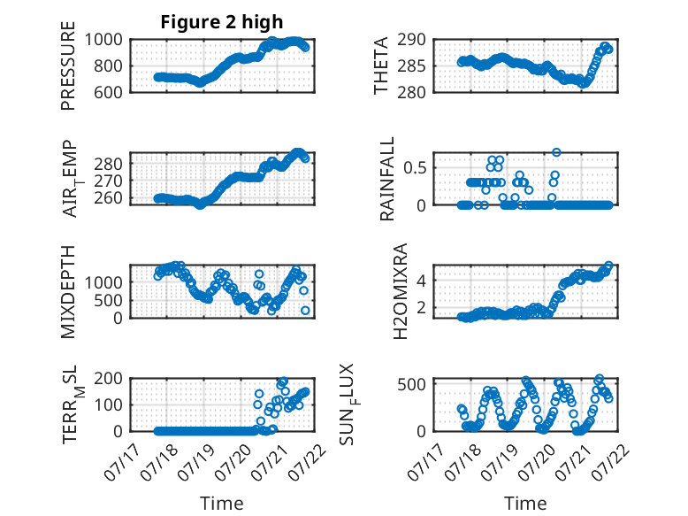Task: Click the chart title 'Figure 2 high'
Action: click(222, 22)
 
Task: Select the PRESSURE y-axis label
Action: click(68, 65)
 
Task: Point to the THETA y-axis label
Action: click(381, 65)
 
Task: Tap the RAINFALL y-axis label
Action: click(387, 179)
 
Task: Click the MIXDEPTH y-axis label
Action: click(68, 292)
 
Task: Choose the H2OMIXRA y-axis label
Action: click(401, 291)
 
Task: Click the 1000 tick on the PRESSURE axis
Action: click(103, 40)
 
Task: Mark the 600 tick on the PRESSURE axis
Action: click(108, 93)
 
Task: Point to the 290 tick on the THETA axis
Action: click(411, 40)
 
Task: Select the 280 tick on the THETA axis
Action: click(411, 93)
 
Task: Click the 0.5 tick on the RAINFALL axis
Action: click(415, 168)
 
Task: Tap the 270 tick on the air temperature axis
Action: click(108, 181)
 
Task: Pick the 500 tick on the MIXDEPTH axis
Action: click(108, 300)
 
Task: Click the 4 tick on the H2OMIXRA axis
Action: click(421, 281)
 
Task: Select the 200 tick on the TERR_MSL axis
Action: click(108, 379)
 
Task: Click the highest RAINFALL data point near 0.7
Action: click(556, 152)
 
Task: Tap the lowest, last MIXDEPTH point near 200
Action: click(305, 311)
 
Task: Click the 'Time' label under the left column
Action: click(222, 504)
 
